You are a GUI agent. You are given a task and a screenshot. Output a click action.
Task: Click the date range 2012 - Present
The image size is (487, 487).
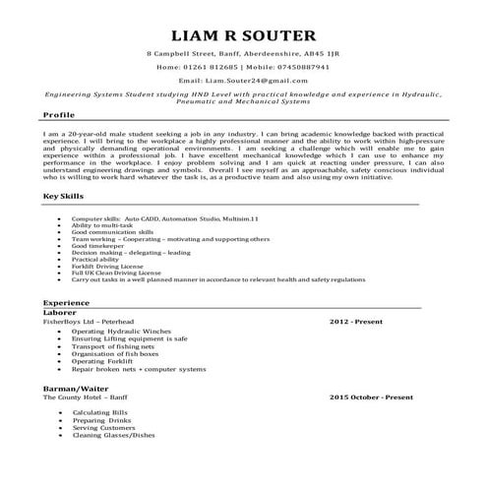click(355, 320)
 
